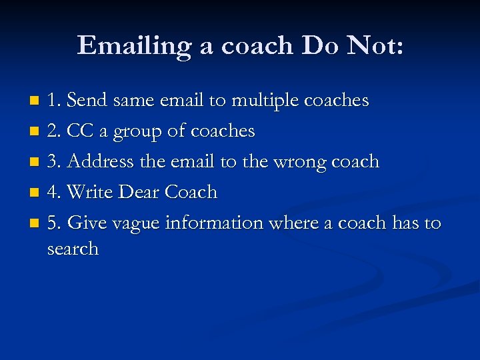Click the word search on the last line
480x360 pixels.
pos(73,249)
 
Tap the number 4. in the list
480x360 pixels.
pos(55,192)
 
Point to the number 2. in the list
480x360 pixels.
pos(55,131)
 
